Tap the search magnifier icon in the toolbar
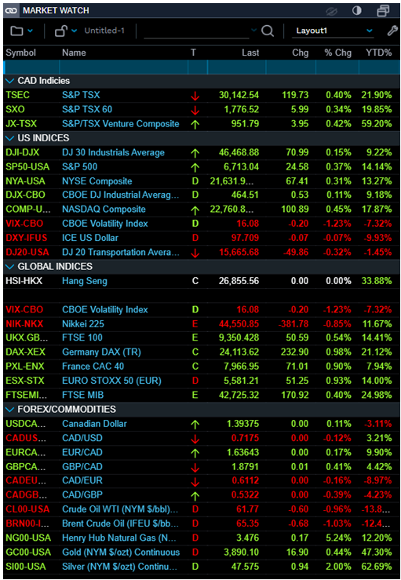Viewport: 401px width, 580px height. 268,31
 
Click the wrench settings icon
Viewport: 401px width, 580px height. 392,31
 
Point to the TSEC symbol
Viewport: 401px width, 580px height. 17,95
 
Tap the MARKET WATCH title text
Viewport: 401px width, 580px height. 55,10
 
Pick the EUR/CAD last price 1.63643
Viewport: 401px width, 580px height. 240,452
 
